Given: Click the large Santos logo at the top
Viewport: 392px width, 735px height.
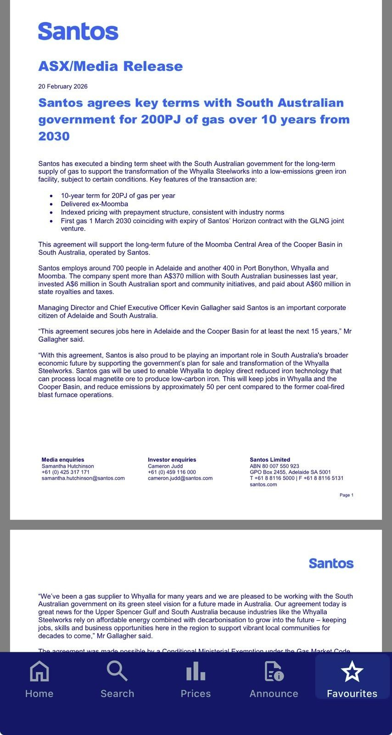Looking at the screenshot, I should (x=78, y=31).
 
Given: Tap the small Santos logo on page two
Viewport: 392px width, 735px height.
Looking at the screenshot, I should (x=331, y=563).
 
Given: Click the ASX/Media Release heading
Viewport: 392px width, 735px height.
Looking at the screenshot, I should (x=110, y=66).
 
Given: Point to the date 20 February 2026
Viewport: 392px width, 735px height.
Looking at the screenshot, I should (x=63, y=86).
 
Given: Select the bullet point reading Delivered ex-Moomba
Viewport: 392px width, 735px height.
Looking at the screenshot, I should (x=95, y=204).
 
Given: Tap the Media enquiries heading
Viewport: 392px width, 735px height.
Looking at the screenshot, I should (x=63, y=459).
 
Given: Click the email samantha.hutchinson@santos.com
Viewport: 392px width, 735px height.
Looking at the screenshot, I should (x=83, y=478).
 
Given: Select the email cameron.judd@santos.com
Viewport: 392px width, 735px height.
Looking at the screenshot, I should (x=180, y=478).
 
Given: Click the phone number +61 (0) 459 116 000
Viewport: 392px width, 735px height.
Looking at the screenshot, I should (x=172, y=472).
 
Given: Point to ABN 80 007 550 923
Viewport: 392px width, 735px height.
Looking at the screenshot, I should (x=274, y=466).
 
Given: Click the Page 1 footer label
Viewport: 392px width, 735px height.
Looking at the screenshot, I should (x=346, y=495).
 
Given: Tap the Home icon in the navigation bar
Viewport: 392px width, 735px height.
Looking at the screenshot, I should (x=39, y=671).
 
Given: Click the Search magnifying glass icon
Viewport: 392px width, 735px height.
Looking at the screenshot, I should (x=117, y=671).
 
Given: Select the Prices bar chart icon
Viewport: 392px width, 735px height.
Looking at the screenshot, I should (x=196, y=671).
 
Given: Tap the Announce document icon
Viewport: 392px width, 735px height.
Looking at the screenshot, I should (x=274, y=671).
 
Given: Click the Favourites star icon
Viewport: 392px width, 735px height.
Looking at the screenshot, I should (x=352, y=671).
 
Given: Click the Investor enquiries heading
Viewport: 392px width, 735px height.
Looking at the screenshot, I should (x=172, y=459).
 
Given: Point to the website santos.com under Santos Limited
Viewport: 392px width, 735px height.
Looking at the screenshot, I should (x=263, y=484).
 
